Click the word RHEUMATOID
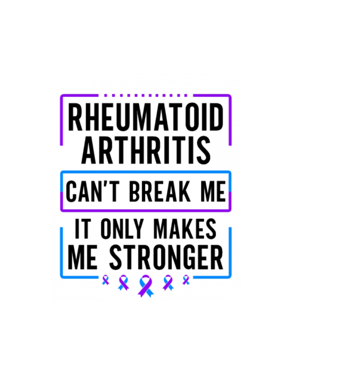[x=146, y=117]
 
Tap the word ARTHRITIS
[x=146, y=150]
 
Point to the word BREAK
[x=160, y=192]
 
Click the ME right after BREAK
[x=213, y=192]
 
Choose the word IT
[x=83, y=228]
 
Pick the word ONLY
[x=122, y=228]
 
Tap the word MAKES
[x=185, y=228]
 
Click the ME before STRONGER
[x=83, y=257]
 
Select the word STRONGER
[x=166, y=257]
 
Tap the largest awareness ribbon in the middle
[x=146, y=286]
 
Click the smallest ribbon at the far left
[x=105, y=280]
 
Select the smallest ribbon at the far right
[x=186, y=280]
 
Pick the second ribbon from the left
[x=123, y=283]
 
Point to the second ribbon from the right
[x=168, y=283]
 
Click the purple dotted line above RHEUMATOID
[x=146, y=96]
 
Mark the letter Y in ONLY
[x=139, y=228]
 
